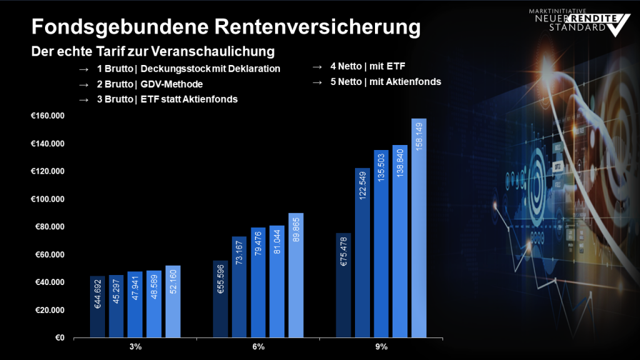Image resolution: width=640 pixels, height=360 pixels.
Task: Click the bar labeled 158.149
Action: [x=419, y=228]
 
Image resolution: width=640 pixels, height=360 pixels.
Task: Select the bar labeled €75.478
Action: [x=344, y=286]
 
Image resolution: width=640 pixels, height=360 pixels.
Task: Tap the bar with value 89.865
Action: [x=296, y=276]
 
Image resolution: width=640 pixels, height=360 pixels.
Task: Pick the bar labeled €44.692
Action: [x=97, y=307]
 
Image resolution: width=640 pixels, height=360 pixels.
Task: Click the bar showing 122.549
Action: [x=362, y=253]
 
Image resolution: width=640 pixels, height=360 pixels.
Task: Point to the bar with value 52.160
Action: [x=173, y=302]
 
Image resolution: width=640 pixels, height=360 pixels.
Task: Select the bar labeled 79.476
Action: [x=258, y=282]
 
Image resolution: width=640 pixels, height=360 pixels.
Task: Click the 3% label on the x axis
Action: [x=136, y=347]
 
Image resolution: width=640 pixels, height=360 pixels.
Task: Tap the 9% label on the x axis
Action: [x=381, y=347]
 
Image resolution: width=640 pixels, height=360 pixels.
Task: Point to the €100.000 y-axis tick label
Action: [x=47, y=199]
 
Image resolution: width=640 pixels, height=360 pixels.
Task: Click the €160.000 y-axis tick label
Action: [x=47, y=116]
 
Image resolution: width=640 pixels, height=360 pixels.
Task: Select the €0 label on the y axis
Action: [x=60, y=338]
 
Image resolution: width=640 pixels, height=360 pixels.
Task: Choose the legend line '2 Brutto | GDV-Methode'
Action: [x=150, y=84]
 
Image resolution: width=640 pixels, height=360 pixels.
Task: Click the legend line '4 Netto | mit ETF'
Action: [x=372, y=66]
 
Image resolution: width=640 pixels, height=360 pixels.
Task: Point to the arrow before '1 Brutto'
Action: [x=84, y=69]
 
